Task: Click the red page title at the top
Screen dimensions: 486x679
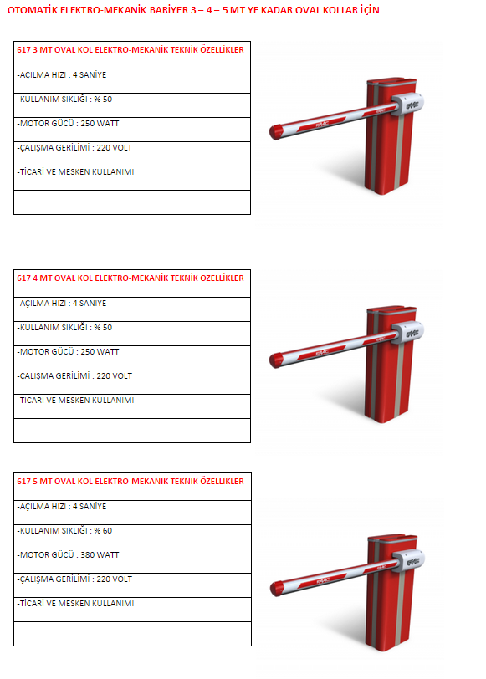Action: pyautogui.click(x=193, y=10)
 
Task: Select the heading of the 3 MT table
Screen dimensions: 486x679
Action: pyautogui.click(x=130, y=50)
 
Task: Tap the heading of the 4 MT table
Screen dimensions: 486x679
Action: pyautogui.click(x=130, y=278)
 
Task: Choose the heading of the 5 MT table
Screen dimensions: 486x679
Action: pyautogui.click(x=130, y=481)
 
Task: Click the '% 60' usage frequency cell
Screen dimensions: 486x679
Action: pyautogui.click(x=64, y=530)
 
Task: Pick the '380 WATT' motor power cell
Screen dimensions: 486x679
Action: pyautogui.click(x=68, y=554)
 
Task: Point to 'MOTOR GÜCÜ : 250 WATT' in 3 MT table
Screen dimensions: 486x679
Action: pyautogui.click(x=68, y=124)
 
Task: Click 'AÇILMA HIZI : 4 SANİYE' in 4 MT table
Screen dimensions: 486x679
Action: pyautogui.click(x=62, y=303)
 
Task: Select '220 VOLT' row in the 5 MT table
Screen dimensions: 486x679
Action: pyautogui.click(x=74, y=579)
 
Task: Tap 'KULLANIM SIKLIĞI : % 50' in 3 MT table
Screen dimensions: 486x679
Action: pyautogui.click(x=64, y=100)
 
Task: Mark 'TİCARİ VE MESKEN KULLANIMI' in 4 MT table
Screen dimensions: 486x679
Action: pyautogui.click(x=75, y=400)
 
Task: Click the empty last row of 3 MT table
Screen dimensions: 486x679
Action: pyautogui.click(x=132, y=202)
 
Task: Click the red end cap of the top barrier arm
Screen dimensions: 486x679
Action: pyautogui.click(x=276, y=132)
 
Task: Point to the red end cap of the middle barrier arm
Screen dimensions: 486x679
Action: pyautogui.click(x=276, y=360)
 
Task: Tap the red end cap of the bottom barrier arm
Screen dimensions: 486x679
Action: pyautogui.click(x=277, y=589)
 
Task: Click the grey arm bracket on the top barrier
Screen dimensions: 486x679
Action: pyautogui.click(x=407, y=105)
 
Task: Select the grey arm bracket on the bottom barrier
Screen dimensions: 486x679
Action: pyautogui.click(x=408, y=562)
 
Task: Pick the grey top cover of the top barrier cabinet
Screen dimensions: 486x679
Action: pyautogui.click(x=391, y=82)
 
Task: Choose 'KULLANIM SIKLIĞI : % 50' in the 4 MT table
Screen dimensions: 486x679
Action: pyautogui.click(x=64, y=328)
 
